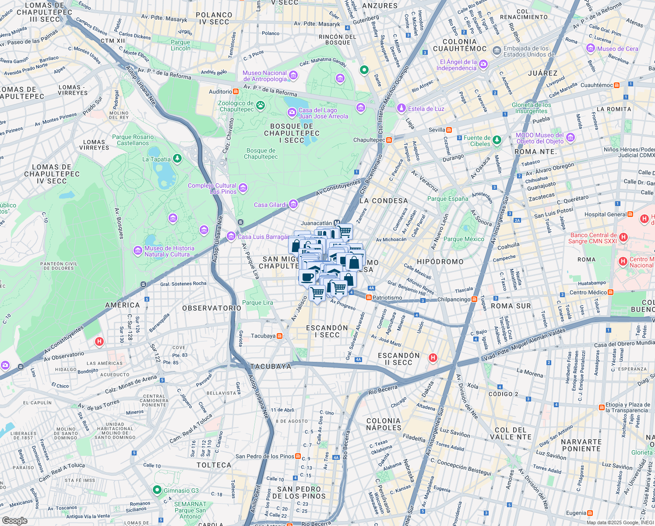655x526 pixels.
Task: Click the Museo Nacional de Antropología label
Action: pos(264,76)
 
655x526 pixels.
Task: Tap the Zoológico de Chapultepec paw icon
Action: pos(261,105)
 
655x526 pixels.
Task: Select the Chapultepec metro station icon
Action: pos(389,140)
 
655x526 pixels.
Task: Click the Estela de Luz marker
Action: pos(401,108)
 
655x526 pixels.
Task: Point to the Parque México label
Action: pos(464,239)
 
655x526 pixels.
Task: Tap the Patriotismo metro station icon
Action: pos(369,298)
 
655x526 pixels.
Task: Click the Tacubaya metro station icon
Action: pos(279,336)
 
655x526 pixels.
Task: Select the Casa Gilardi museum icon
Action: pos(293,204)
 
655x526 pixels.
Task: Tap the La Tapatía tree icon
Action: pos(177,158)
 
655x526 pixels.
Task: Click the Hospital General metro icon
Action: pos(630,214)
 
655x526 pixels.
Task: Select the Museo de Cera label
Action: pos(617,49)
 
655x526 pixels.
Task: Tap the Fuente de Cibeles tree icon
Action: pos(497,140)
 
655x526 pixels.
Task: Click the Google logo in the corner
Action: pos(14,520)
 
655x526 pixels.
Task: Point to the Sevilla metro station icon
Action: pos(449,130)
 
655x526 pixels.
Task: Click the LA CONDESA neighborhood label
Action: pos(384,201)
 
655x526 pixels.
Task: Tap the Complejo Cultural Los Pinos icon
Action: pos(243,188)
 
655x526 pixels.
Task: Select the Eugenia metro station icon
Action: pos(590,513)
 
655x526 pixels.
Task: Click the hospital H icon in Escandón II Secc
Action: pos(433,358)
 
